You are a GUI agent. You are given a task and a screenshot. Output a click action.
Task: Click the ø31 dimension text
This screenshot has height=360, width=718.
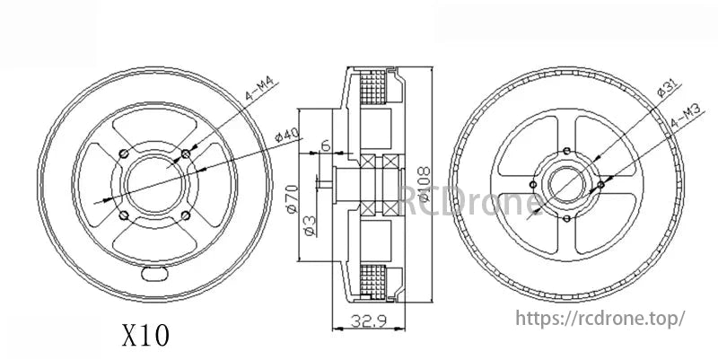664,91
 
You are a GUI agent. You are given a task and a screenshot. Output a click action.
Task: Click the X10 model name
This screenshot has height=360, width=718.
144,335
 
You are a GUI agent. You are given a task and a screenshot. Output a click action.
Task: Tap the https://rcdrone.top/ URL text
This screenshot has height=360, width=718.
600,318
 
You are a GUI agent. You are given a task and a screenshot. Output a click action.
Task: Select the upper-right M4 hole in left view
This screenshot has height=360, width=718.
185,155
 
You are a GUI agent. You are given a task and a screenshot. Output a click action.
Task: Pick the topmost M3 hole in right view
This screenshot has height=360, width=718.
568,149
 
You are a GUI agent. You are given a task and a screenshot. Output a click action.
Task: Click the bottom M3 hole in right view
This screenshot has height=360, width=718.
567,218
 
